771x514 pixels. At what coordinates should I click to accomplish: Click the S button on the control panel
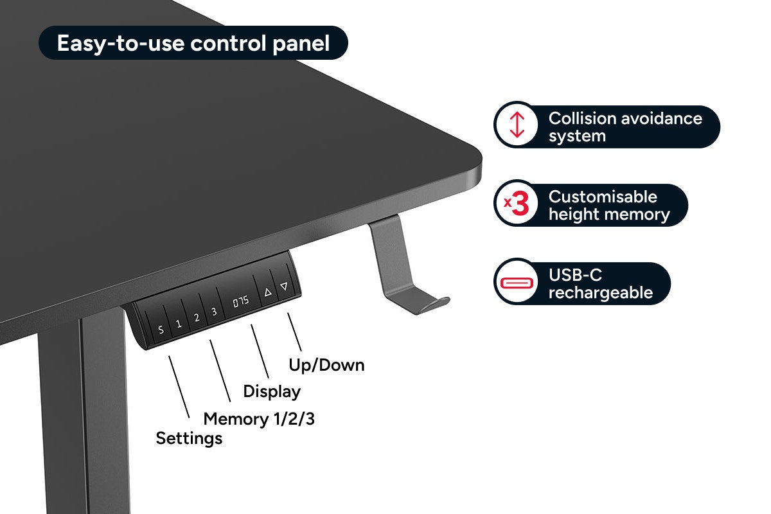point(161,331)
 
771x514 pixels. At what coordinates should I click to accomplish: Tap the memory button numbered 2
point(197,317)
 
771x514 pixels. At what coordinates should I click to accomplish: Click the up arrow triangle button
point(268,292)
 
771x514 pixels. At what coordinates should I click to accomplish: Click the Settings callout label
point(189,439)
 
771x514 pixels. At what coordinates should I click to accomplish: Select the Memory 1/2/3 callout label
point(259,420)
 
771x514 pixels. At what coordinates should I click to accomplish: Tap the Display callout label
point(272,391)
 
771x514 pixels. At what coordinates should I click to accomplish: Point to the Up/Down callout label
point(326,365)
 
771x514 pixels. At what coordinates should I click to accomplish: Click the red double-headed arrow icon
point(517,126)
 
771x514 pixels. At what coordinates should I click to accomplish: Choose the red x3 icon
point(517,205)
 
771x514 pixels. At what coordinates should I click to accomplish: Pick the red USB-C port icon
point(518,283)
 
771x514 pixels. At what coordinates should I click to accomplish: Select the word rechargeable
point(600,293)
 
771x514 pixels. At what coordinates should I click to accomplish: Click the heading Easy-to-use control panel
point(193,43)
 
